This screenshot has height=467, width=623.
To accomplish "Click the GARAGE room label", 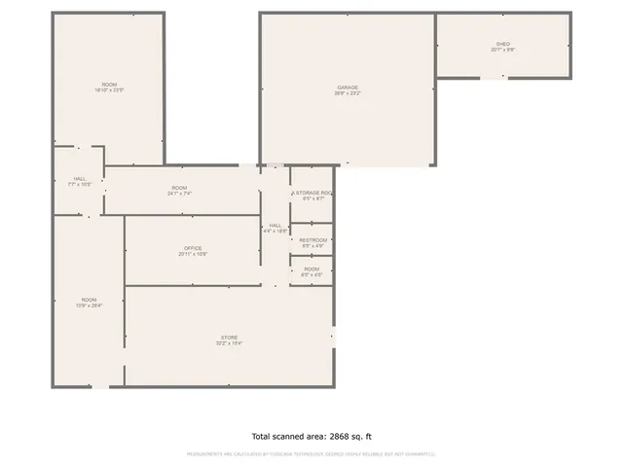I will click(348, 88).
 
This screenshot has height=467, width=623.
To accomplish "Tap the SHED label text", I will click(502, 44).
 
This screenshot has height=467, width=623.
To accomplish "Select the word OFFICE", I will click(193, 248).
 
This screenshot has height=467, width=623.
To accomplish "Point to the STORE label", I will click(229, 338).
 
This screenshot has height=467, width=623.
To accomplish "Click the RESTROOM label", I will click(312, 239).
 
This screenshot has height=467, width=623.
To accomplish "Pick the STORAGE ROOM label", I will click(313, 194).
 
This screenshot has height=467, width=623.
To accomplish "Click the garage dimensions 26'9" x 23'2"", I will click(348, 93).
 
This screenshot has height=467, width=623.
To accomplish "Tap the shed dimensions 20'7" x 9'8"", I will click(502, 50).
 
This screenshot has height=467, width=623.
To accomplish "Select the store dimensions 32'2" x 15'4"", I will click(229, 343).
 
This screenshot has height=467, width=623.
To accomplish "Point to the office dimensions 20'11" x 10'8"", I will click(193, 254).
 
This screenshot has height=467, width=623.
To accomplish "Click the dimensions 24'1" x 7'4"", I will click(179, 194).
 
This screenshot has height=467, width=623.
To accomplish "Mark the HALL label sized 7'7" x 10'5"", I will click(79, 179).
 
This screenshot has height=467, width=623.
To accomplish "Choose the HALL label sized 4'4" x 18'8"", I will click(275, 225).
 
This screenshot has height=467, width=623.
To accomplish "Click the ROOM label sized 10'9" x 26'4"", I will click(89, 300).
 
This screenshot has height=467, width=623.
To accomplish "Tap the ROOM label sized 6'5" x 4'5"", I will click(311, 269).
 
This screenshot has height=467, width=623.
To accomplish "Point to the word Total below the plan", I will click(264, 437).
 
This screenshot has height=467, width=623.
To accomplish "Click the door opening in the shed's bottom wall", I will click(495, 77).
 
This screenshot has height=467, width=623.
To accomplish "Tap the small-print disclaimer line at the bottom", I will click(311, 454).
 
